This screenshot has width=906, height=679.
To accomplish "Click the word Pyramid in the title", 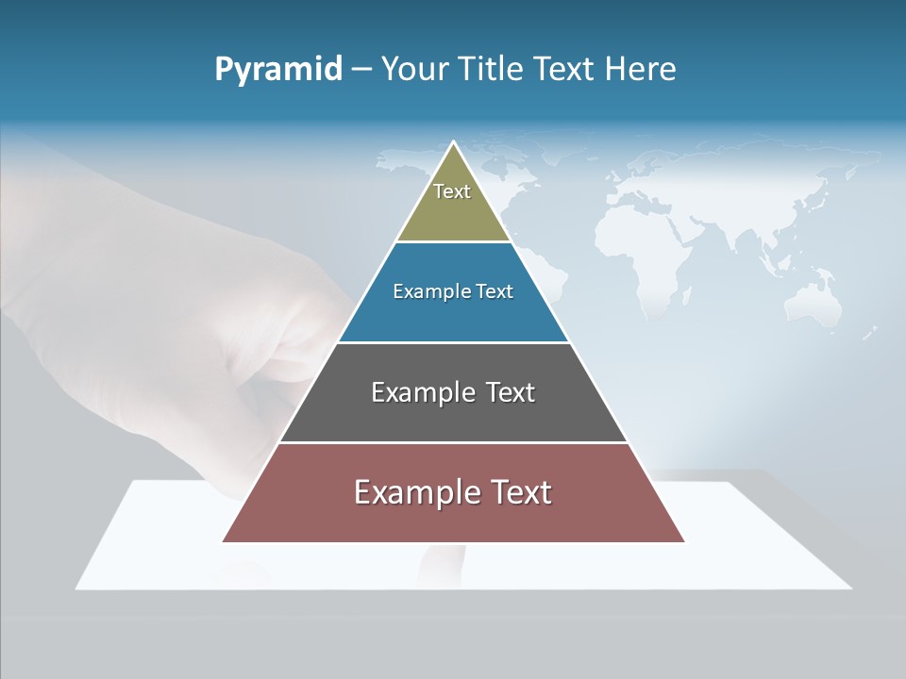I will (x=278, y=70).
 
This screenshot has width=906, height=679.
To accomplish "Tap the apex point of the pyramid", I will (x=453, y=142).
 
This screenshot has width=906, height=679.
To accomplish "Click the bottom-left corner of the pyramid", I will (x=224, y=541).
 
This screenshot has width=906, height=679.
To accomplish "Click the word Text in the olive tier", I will (x=452, y=191).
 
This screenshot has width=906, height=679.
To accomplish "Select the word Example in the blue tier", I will (x=423, y=291).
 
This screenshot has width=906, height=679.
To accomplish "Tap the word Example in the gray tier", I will (x=411, y=392).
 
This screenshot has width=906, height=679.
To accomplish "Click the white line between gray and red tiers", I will (x=453, y=442).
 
